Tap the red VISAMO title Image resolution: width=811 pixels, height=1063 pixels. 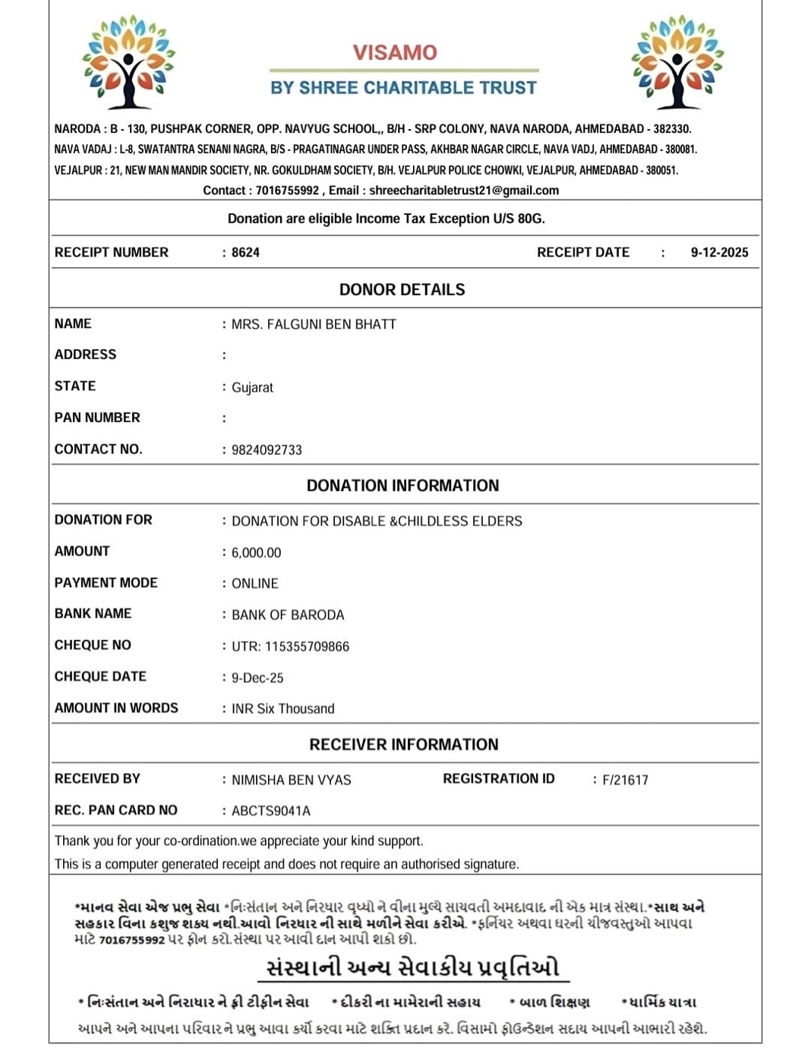395,52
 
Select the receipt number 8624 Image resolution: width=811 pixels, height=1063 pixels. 245,253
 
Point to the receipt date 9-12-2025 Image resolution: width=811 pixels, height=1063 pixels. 719,253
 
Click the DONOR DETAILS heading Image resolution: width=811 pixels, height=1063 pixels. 402,289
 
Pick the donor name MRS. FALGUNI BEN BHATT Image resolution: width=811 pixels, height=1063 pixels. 314,324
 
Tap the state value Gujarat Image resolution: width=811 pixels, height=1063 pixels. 252,387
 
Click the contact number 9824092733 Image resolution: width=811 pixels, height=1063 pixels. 267,450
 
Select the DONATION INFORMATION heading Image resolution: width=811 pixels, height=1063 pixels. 402,486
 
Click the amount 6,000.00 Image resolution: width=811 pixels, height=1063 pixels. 256,553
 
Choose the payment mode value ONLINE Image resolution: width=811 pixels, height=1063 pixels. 254,584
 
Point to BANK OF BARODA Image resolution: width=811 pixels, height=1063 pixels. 288,615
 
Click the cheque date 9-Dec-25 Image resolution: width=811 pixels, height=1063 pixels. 257,678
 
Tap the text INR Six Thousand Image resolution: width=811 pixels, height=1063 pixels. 282,709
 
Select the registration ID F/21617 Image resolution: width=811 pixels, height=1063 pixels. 625,780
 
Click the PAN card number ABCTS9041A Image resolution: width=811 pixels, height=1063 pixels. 271,811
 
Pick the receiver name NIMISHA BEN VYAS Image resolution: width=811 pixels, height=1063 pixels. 291,780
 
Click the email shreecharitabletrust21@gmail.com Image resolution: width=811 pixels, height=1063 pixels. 464,191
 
